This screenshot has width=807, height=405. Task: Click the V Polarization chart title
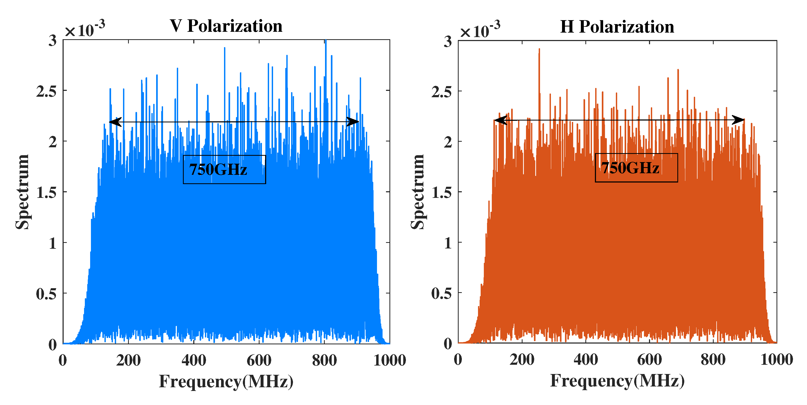[226, 26]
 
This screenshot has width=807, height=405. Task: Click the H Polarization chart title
[617, 26]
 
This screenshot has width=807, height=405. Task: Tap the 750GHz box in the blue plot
[224, 169]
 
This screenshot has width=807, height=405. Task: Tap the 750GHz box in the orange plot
[636, 168]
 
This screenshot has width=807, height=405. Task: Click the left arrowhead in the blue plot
[115, 122]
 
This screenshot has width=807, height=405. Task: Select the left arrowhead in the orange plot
[500, 120]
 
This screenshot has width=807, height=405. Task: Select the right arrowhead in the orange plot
[738, 120]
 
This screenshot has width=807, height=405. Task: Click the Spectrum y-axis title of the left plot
[22, 192]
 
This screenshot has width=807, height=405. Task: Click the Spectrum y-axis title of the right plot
[417, 192]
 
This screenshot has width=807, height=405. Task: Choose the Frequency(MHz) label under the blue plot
[226, 381]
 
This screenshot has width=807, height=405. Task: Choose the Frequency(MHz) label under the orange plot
[617, 381]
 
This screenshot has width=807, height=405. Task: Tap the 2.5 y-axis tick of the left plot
[46, 91]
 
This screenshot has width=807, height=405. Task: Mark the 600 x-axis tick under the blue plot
[259, 360]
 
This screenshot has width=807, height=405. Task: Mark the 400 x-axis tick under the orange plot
[586, 359]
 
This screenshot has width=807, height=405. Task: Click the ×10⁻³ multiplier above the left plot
[84, 29]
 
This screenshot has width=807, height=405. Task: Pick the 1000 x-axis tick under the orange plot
[776, 359]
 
